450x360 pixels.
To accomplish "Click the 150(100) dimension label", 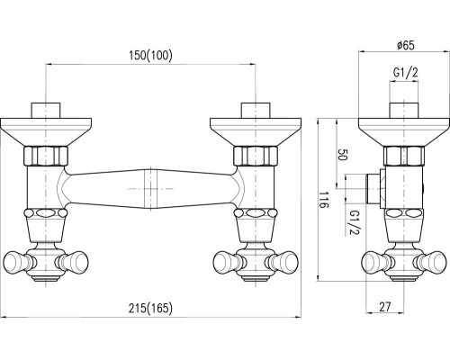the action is click(150, 56).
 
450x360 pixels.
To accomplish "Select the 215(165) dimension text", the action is click(150, 308).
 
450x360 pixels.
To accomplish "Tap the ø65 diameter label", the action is click(405, 45).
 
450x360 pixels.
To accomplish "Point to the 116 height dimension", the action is click(324, 200).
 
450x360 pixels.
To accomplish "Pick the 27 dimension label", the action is click(385, 307).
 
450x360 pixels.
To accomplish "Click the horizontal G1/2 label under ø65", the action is click(406, 73).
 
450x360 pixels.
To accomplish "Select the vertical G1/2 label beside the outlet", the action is click(355, 223).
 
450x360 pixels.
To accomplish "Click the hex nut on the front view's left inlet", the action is click(46, 156).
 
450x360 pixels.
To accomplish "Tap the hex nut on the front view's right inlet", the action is click(256, 156).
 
